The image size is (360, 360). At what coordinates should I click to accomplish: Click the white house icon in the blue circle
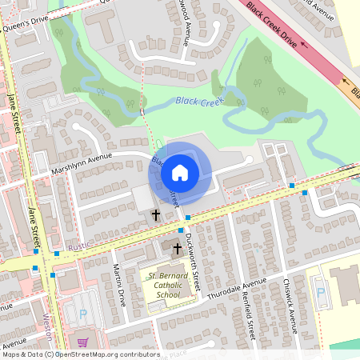[180, 172]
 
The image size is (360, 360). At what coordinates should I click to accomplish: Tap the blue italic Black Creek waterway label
[198, 102]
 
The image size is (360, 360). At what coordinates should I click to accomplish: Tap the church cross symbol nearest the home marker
[156, 215]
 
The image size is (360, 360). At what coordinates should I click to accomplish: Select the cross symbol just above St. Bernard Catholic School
[178, 250]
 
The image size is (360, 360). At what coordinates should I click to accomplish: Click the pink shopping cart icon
[82, 343]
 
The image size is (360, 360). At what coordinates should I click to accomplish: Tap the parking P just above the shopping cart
[82, 314]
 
